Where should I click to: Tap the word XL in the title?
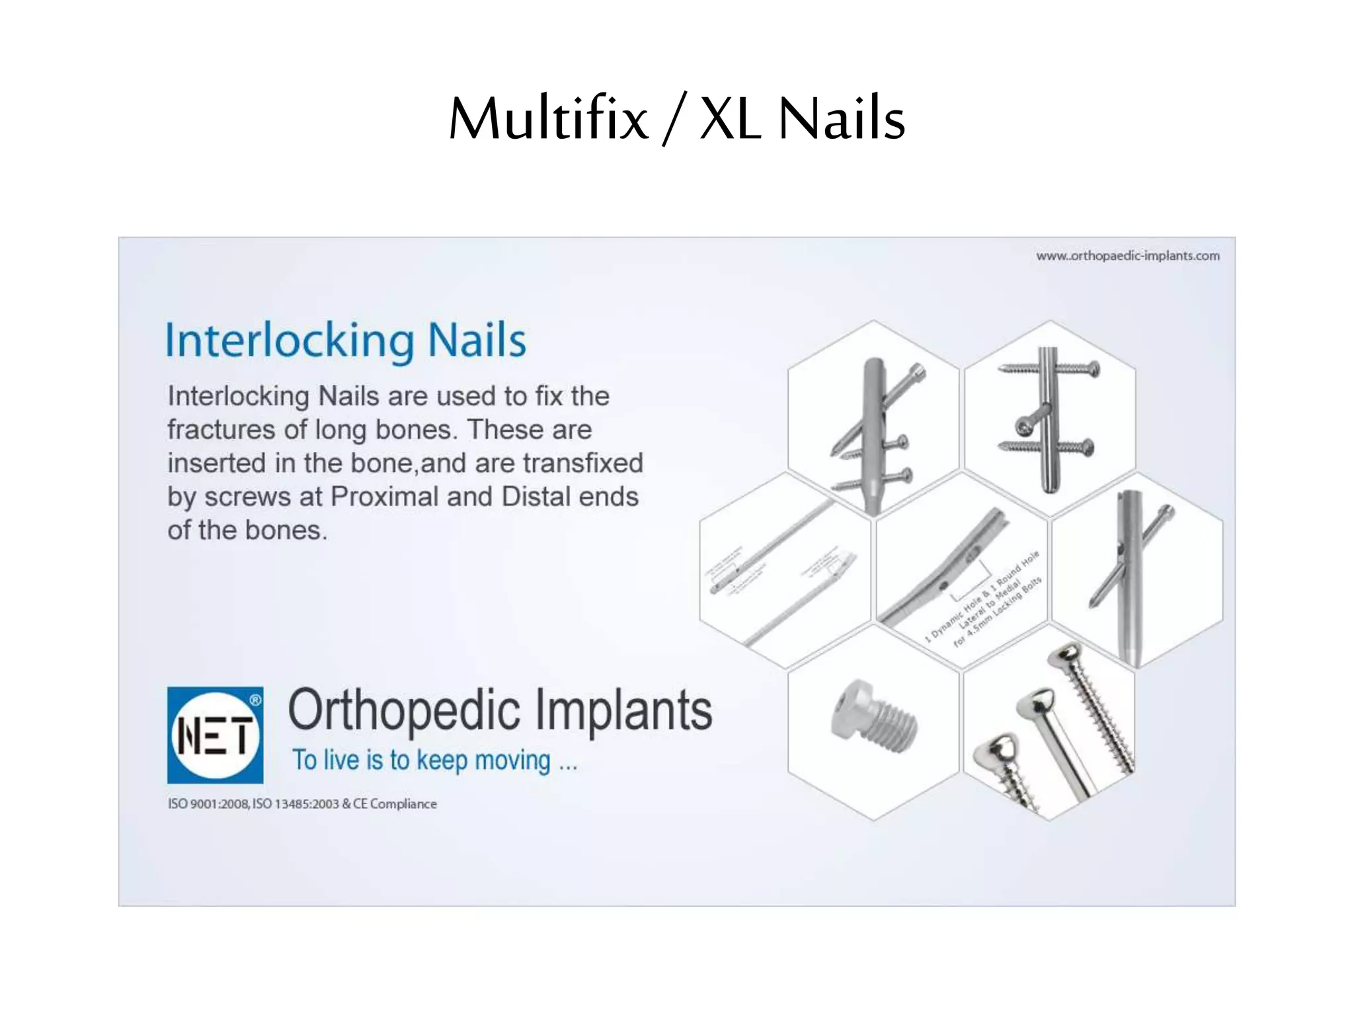tap(730, 119)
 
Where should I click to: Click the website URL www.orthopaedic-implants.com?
tap(1127, 256)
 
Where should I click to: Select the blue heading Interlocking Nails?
tap(346, 340)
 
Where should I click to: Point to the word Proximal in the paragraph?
tap(384, 497)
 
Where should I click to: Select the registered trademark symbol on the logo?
tap(255, 700)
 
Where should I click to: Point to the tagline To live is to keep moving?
tap(435, 761)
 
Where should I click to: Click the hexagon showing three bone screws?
tap(1050, 727)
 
